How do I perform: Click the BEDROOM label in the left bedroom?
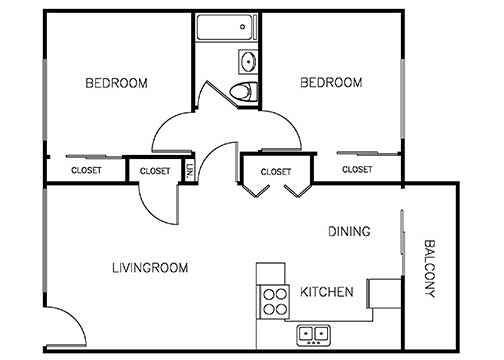[x=116, y=83]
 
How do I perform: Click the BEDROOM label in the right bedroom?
[x=331, y=83]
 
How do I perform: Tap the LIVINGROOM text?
[x=149, y=268]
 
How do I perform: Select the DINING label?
[x=350, y=232]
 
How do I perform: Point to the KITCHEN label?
[x=326, y=293]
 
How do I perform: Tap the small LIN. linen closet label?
[x=189, y=171]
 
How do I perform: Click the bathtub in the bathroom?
[x=226, y=27]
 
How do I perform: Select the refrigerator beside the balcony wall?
[x=383, y=294]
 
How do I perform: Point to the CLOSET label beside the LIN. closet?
[x=155, y=171]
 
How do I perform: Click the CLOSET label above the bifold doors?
[x=276, y=171]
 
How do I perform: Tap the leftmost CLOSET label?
[x=86, y=170]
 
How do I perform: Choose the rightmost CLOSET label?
[x=357, y=170]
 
